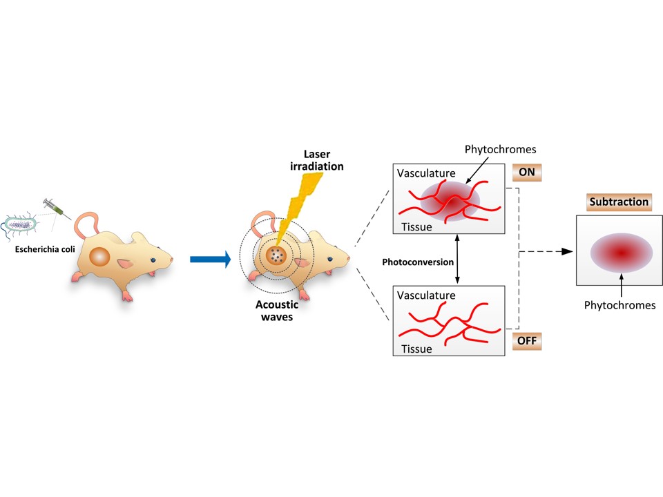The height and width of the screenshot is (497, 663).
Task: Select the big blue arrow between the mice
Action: tap(209, 260)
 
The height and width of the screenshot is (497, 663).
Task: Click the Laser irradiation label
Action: tap(317, 160)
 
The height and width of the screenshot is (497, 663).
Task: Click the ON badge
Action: tap(527, 172)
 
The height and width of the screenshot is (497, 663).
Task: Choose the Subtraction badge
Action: tap(619, 202)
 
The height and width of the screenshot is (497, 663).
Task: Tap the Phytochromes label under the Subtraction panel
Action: tap(619, 304)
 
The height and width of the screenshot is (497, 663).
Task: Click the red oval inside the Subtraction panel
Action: tap(619, 253)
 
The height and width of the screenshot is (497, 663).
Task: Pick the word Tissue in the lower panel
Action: tap(414, 349)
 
